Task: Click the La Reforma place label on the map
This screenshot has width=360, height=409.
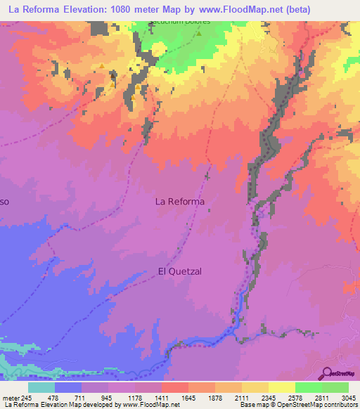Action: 179,202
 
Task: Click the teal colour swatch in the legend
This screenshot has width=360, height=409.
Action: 41,387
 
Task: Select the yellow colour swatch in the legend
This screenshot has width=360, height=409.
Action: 282,387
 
